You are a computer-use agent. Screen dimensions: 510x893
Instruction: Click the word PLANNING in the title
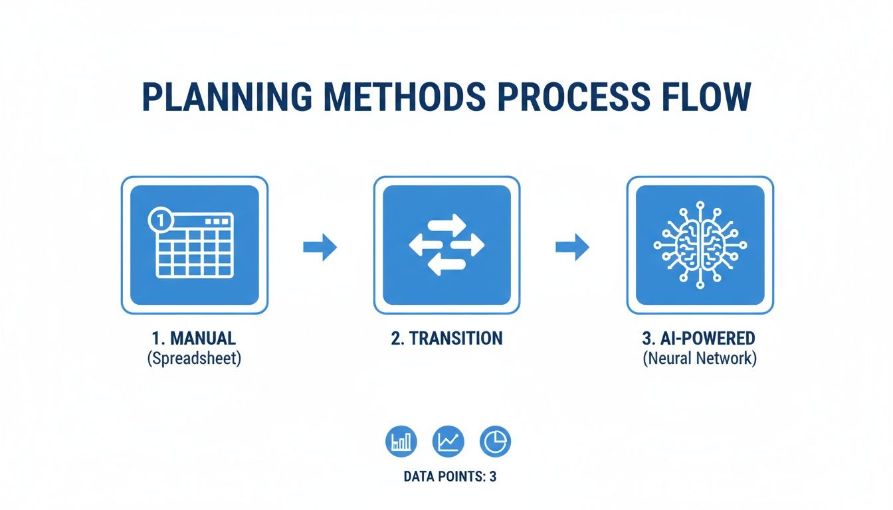[227, 97]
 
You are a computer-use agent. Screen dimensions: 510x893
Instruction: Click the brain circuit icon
[700, 245]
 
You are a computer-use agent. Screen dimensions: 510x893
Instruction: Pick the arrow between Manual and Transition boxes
[320, 247]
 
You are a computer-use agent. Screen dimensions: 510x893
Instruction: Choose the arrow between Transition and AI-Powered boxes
[572, 247]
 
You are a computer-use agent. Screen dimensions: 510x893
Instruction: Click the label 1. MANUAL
[194, 338]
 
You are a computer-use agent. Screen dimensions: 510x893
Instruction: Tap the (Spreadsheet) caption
[194, 359]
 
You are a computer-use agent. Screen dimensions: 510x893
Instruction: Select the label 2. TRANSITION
[446, 338]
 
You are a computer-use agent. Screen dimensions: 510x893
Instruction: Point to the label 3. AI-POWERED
[699, 338]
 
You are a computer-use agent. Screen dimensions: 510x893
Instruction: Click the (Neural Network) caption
[699, 359]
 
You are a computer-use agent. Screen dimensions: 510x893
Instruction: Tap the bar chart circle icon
[401, 442]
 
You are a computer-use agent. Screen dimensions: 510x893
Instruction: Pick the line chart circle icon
[448, 442]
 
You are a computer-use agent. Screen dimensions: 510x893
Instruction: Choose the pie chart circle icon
[495, 442]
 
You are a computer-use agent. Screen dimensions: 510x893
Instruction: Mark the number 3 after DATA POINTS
[492, 477]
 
